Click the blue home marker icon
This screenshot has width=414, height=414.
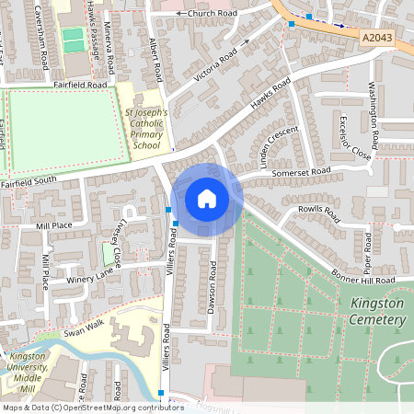pyautogui.click(x=207, y=199)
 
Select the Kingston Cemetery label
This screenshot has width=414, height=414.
pyautogui.click(x=377, y=311)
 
